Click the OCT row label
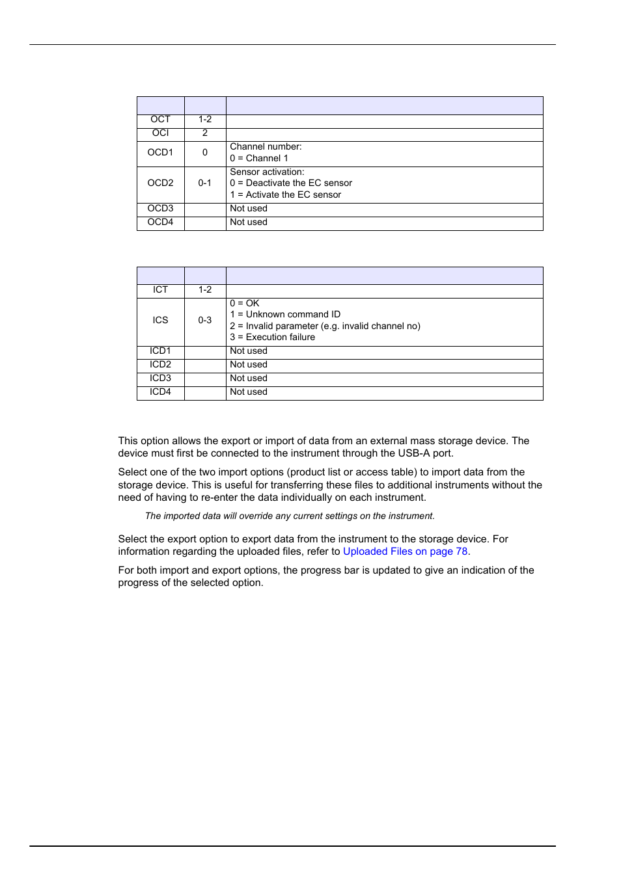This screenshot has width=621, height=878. tap(160, 120)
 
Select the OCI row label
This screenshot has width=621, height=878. tap(160, 133)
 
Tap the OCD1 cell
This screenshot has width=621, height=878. tap(160, 153)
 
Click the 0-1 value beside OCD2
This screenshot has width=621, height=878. tap(205, 183)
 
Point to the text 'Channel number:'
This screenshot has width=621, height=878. tap(266, 147)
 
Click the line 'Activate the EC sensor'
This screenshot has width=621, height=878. tap(286, 195)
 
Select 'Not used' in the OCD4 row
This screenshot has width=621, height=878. tap(249, 222)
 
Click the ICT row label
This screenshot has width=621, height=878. tap(160, 290)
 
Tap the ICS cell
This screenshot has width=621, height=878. tap(160, 321)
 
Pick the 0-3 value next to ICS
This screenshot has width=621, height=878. tap(205, 321)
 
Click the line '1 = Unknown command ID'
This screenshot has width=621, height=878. tap(285, 315)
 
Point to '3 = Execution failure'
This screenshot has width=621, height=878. tap(272, 338)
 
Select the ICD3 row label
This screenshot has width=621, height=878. tap(160, 379)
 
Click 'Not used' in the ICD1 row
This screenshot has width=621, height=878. tap(249, 351)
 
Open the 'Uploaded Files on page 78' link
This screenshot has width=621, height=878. tap(405, 552)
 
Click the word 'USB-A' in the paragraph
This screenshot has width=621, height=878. tap(414, 453)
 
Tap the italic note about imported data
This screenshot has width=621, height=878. tap(290, 516)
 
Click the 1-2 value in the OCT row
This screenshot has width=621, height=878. tap(205, 120)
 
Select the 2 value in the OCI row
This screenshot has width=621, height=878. tap(205, 133)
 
